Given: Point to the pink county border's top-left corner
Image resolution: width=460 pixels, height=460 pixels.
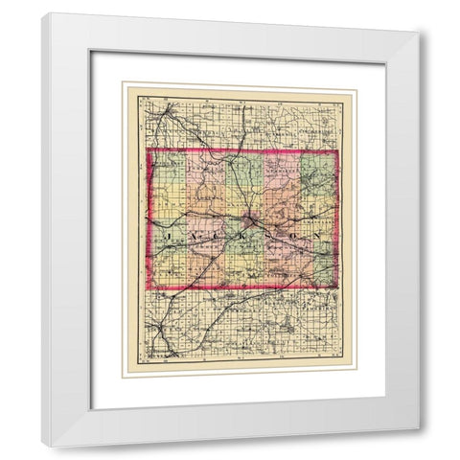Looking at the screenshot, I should click(147, 149).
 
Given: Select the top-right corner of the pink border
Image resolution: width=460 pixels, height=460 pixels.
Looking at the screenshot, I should click(336, 151).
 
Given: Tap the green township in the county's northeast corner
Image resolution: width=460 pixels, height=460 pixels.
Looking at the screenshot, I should click(319, 171).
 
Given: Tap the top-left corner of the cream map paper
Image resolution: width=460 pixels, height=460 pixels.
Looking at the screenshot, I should click(124, 85).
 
